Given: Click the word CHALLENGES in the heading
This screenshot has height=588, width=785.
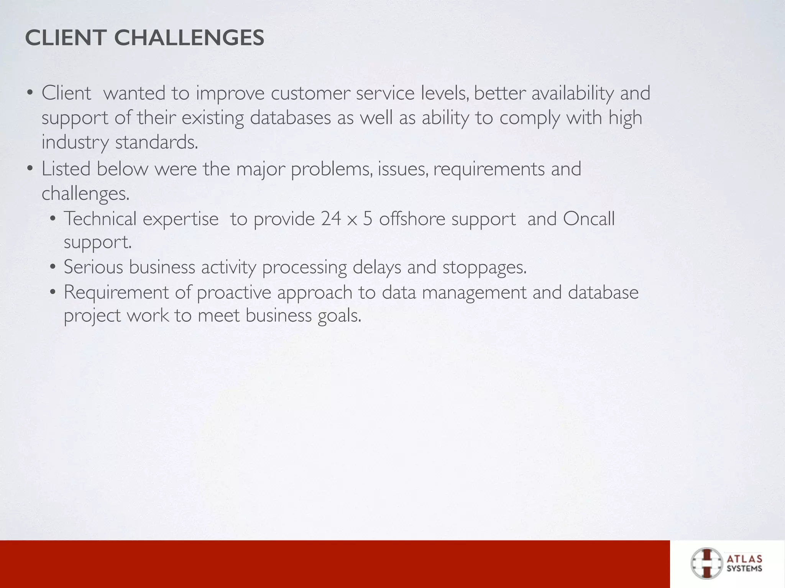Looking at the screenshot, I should [x=189, y=38].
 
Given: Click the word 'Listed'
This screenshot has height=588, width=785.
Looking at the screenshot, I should [x=66, y=169].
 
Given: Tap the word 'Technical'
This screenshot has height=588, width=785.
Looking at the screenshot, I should [x=100, y=219].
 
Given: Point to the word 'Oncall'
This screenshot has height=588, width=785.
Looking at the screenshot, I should [x=589, y=219].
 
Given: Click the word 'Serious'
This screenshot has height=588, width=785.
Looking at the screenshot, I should [x=93, y=267].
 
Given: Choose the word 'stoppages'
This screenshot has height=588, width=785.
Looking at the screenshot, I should [x=484, y=267].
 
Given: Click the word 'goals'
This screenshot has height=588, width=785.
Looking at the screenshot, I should [x=339, y=315].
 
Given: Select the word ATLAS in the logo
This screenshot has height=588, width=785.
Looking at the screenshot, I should [x=744, y=559].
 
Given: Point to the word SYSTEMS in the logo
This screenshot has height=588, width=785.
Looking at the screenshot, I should [x=744, y=568].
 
